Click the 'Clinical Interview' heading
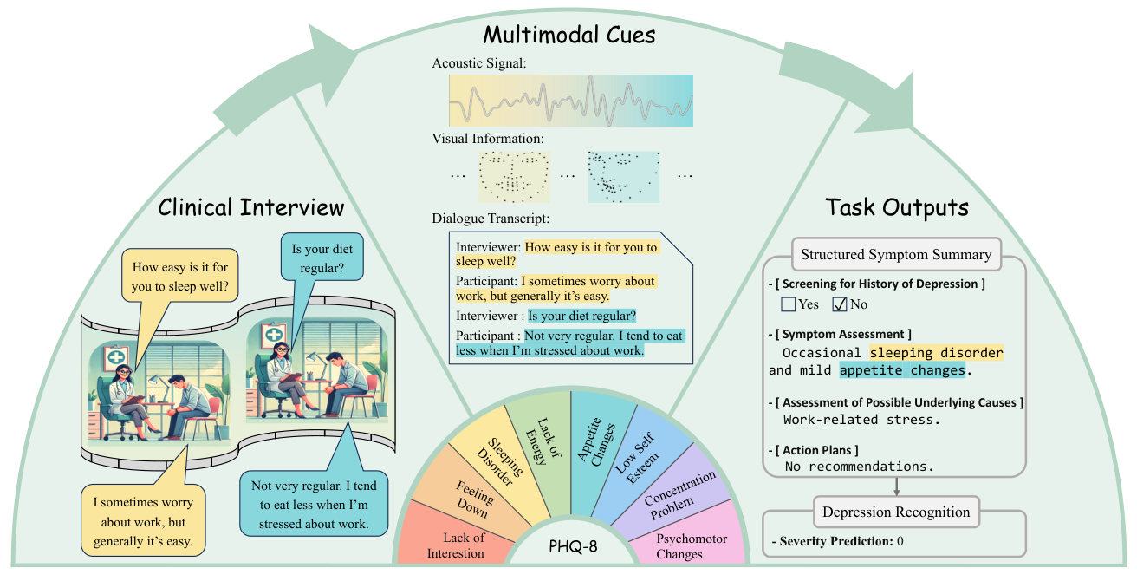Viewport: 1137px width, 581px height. pyautogui.click(x=250, y=207)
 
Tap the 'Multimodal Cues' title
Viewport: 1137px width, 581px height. pyautogui.click(x=568, y=36)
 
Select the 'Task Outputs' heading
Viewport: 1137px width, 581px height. pyautogui.click(x=896, y=207)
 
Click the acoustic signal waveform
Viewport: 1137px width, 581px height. pyautogui.click(x=570, y=101)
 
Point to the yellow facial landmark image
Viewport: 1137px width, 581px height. pyautogui.click(x=514, y=176)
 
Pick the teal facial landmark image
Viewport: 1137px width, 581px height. pyautogui.click(x=623, y=176)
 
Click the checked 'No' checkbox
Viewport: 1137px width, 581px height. pyautogui.click(x=840, y=304)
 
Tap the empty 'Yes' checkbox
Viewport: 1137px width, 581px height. pyautogui.click(x=788, y=304)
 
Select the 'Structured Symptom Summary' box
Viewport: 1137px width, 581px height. pyautogui.click(x=895, y=255)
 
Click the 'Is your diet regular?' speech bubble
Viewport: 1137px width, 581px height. pyautogui.click(x=322, y=259)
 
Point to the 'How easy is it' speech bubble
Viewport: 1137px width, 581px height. pyautogui.click(x=179, y=277)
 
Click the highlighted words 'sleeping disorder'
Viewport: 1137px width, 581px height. pyautogui.click(x=936, y=353)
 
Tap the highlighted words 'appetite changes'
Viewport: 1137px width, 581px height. pyautogui.click(x=901, y=370)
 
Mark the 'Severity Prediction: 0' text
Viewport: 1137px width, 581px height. pyautogui.click(x=836, y=542)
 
